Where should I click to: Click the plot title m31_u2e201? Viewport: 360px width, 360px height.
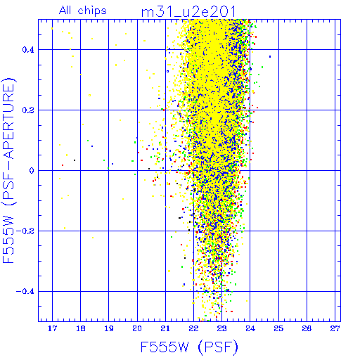click(x=188, y=12)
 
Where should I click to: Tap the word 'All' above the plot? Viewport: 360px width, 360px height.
click(x=65, y=11)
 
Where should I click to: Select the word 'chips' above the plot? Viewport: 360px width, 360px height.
click(x=92, y=11)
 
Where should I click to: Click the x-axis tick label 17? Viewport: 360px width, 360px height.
click(x=52, y=328)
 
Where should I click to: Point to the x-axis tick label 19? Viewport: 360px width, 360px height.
click(x=109, y=328)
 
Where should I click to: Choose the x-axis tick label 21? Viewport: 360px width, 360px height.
click(x=165, y=328)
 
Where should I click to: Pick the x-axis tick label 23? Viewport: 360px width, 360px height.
click(x=221, y=328)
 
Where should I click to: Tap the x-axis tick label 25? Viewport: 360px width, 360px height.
click(x=278, y=328)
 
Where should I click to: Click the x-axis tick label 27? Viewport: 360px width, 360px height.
click(x=335, y=328)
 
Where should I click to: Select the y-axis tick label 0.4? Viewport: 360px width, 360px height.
click(x=28, y=50)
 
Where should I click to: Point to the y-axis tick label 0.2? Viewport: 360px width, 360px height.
click(x=28, y=110)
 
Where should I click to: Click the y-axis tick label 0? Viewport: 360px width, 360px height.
click(x=32, y=171)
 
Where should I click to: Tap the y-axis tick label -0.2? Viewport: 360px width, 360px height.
click(x=25, y=231)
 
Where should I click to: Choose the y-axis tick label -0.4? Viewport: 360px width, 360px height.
click(x=25, y=292)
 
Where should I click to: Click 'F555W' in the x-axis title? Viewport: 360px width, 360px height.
click(x=165, y=347)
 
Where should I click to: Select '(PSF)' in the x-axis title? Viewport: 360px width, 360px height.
click(x=218, y=347)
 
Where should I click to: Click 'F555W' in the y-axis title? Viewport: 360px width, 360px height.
click(x=8, y=240)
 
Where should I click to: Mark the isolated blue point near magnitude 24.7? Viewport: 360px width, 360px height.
click(x=270, y=56)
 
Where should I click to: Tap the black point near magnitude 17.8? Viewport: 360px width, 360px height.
click(x=75, y=160)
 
